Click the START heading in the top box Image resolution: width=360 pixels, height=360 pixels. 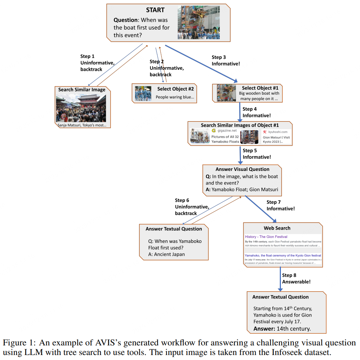click(155, 10)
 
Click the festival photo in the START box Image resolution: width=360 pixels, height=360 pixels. click(199, 22)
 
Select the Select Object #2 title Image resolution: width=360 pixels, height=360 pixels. click(175, 89)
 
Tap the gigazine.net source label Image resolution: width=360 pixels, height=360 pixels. click(227, 131)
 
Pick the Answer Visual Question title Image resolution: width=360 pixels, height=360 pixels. click(242, 169)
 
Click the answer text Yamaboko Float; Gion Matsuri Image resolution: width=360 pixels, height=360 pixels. click(245, 189)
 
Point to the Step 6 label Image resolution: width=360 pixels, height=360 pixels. click(182, 200)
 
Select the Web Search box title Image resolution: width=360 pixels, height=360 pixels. click(277, 228)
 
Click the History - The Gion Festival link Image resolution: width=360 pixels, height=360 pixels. click(266, 237)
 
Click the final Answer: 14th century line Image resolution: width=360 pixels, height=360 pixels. click(282, 329)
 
